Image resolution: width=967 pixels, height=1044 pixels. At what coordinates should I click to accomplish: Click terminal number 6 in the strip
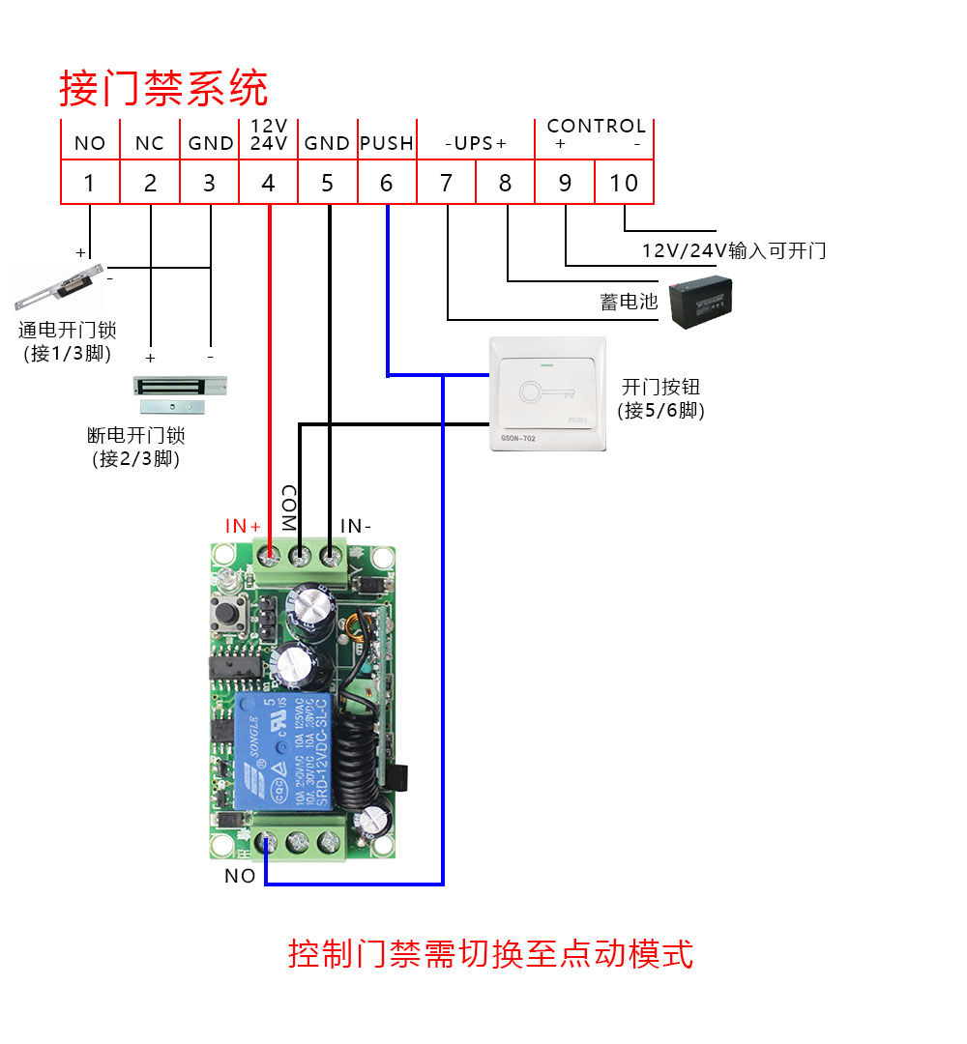pyautogui.click(x=387, y=183)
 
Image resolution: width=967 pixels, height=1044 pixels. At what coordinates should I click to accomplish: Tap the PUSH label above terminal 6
pyautogui.click(x=387, y=143)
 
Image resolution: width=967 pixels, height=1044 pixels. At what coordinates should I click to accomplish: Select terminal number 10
pyautogui.click(x=625, y=183)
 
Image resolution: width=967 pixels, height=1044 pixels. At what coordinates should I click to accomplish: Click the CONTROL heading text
pyautogui.click(x=596, y=126)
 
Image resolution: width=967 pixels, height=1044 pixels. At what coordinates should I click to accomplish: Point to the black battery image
pyautogui.click(x=703, y=300)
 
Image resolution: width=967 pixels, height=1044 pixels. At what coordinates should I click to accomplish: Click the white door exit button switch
pyautogui.click(x=548, y=394)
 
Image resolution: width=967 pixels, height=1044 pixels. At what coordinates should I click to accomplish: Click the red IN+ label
pyautogui.click(x=244, y=526)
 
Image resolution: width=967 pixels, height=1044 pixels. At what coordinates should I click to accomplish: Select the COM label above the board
pyautogui.click(x=287, y=507)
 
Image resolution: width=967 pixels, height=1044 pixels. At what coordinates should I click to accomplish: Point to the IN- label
pyautogui.click(x=356, y=526)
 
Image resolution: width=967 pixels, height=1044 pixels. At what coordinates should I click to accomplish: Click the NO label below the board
pyautogui.click(x=240, y=876)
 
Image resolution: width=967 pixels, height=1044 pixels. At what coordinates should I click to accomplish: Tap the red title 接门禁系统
pyautogui.click(x=163, y=89)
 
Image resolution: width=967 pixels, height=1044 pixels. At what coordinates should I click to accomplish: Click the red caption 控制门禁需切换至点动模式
pyautogui.click(x=491, y=953)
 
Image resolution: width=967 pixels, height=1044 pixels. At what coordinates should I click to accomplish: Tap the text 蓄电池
pyautogui.click(x=629, y=303)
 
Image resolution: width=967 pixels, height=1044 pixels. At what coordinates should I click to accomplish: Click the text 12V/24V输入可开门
pyautogui.click(x=734, y=251)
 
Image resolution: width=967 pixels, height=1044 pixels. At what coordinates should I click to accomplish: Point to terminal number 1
pyautogui.click(x=90, y=183)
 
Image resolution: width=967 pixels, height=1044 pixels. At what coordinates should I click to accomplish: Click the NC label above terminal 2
pyautogui.click(x=150, y=143)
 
